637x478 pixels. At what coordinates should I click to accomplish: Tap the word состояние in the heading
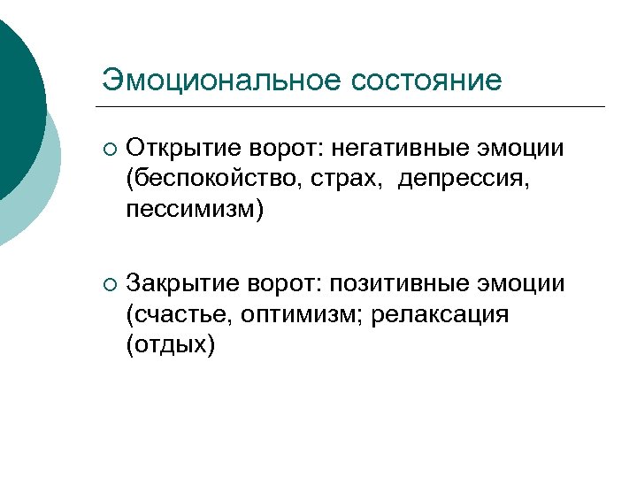[427, 80]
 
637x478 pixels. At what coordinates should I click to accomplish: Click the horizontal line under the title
[354, 106]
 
